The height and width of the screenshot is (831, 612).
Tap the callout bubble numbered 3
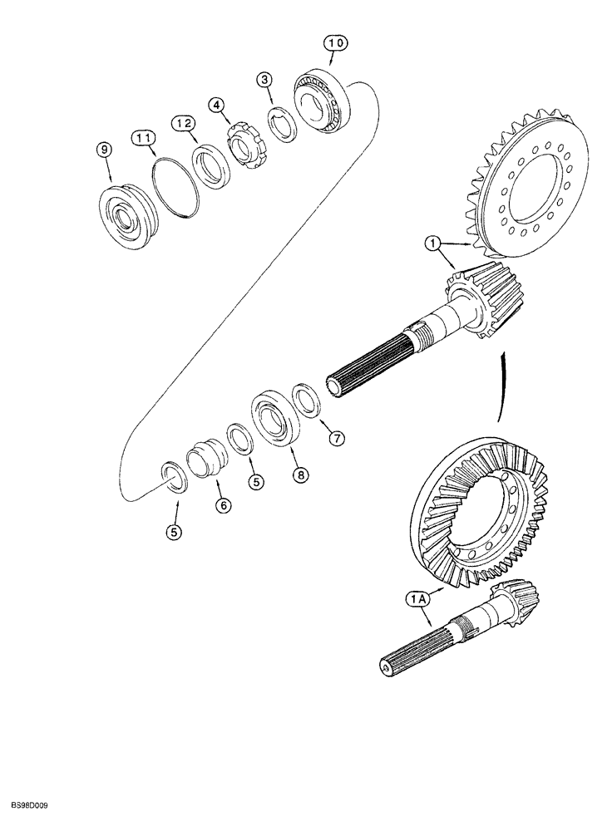(264, 80)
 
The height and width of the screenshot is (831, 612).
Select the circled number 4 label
(216, 106)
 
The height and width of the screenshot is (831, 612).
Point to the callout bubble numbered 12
(184, 123)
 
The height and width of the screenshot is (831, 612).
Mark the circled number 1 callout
(432, 244)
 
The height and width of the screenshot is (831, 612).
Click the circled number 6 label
(224, 505)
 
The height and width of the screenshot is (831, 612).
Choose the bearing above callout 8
(272, 416)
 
